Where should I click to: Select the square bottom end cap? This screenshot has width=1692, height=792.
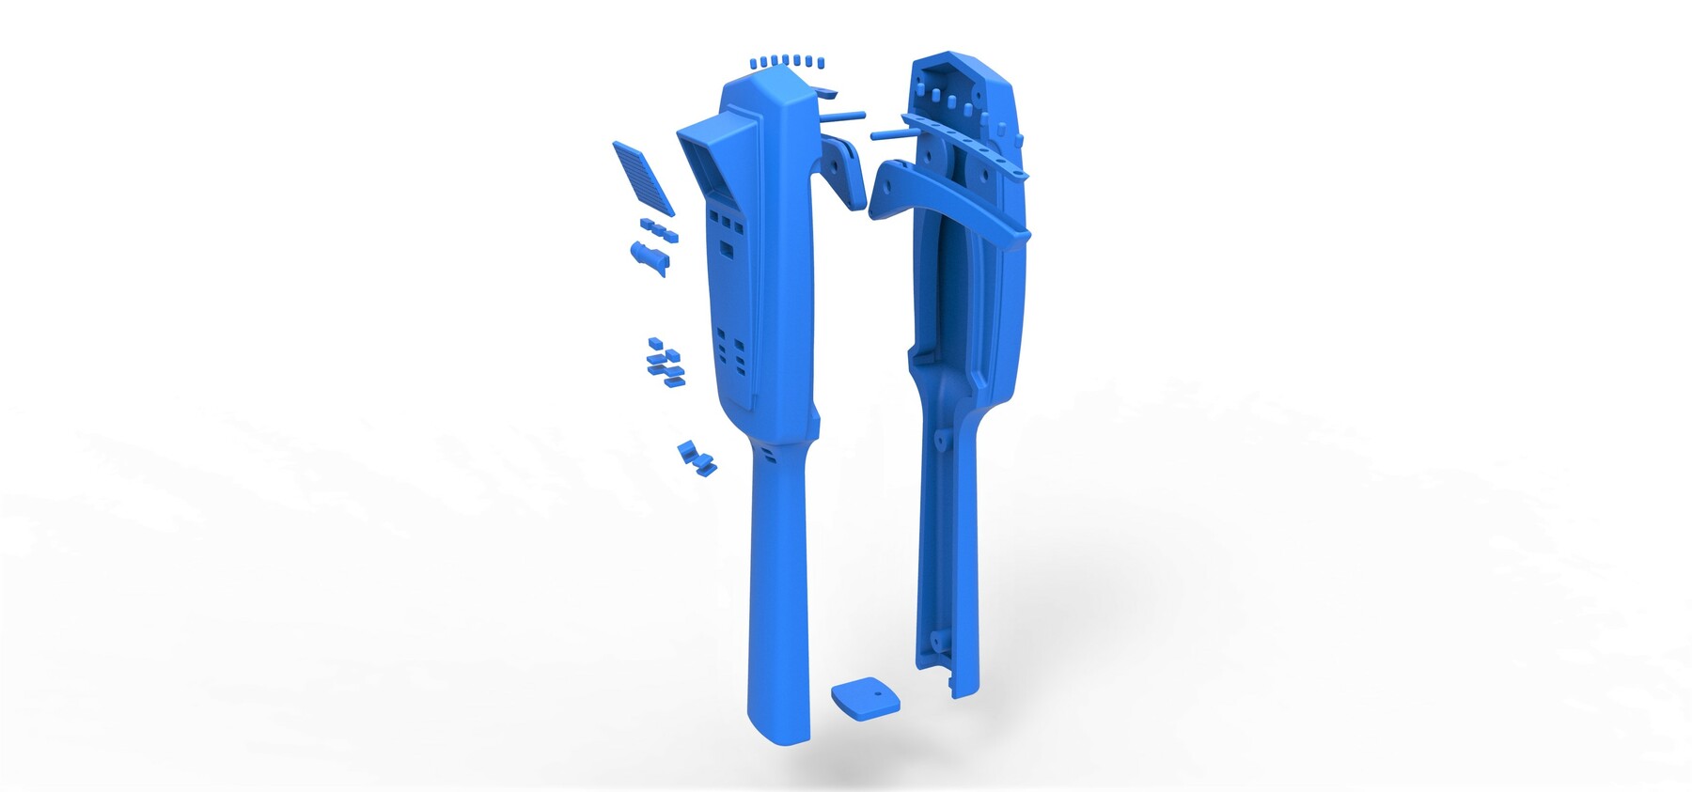(864, 698)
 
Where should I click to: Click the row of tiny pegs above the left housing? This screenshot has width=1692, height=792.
(787, 61)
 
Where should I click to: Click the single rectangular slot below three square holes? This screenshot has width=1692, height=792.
(728, 251)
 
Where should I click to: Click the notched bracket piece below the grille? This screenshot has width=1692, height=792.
(649, 256)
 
